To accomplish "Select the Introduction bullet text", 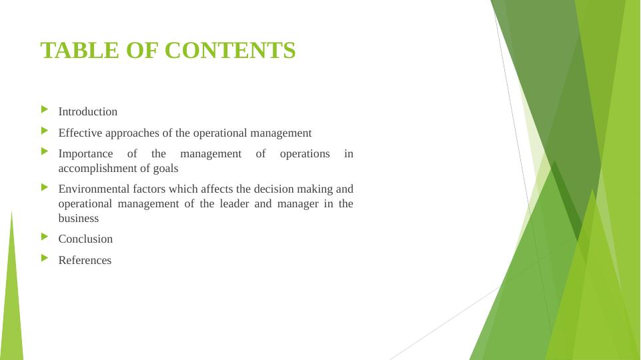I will pyautogui.click(x=88, y=112).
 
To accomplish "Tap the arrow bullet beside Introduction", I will pyautogui.click(x=45, y=109).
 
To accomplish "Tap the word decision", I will pyautogui.click(x=264, y=189).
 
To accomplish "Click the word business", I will pyautogui.click(x=79, y=219).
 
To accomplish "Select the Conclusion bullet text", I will pyautogui.click(x=85, y=239).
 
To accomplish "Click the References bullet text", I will pyautogui.click(x=85, y=261).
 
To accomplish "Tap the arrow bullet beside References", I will pyautogui.click(x=45, y=258).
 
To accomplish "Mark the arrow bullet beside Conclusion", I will pyautogui.click(x=45, y=237).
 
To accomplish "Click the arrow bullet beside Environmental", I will pyautogui.click(x=45, y=187).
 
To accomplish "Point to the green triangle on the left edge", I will pyautogui.click(x=12, y=300).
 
